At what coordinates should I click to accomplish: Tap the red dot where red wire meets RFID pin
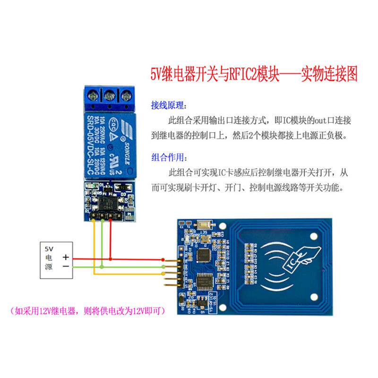(163, 259)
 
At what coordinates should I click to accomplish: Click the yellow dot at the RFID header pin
(163, 273)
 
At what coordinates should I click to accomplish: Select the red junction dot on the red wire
(111, 258)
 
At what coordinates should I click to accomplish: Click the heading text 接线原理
(169, 104)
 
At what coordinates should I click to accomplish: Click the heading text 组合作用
(169, 156)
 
